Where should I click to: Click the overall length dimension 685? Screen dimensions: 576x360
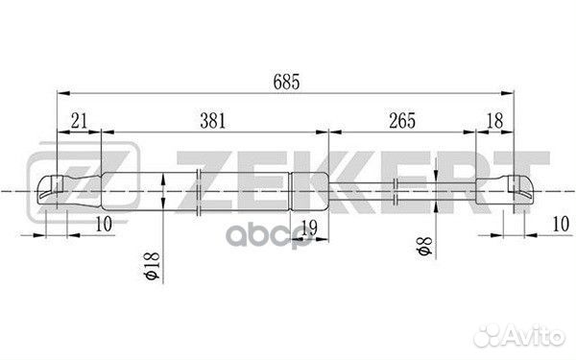coord(286,82)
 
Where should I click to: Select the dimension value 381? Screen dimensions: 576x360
coord(213,121)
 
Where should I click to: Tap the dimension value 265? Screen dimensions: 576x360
coord(402,121)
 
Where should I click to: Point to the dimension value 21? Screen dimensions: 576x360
coord(80,121)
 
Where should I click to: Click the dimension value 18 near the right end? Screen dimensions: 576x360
coord(494,121)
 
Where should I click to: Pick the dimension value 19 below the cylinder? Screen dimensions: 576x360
coord(309,228)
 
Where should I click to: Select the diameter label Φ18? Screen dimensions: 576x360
coord(153,265)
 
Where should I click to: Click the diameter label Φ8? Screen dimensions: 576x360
coord(424,247)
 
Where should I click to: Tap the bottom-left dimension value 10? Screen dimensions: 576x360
coord(104,224)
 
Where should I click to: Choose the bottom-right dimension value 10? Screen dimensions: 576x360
coord(561,224)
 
